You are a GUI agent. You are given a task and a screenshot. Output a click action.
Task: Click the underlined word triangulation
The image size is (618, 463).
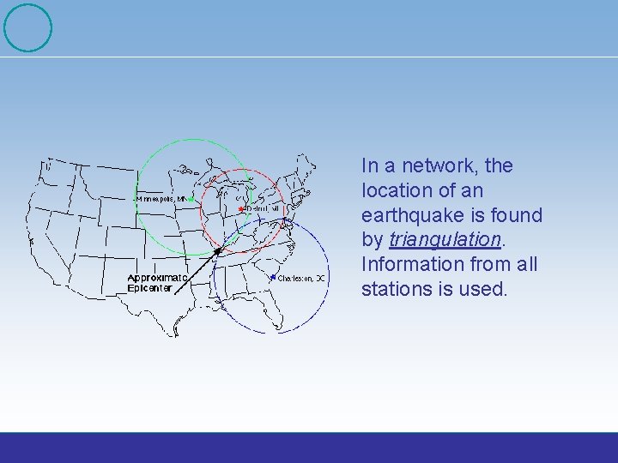tap(445, 239)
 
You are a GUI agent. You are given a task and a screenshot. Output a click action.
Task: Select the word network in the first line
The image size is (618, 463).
tap(440, 165)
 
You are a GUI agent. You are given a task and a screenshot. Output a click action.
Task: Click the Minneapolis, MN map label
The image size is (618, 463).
tap(161, 198)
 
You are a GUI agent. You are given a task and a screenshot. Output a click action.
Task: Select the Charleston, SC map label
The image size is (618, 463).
tap(301, 278)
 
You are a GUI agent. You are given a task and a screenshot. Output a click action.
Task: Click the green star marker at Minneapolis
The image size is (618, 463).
tap(191, 199)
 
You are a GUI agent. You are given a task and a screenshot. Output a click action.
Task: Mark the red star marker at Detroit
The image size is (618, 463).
tap(240, 209)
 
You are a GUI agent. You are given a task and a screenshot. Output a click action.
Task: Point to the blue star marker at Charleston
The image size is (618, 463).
tap(273, 277)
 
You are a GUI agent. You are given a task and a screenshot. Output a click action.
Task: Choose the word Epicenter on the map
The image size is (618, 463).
tap(149, 289)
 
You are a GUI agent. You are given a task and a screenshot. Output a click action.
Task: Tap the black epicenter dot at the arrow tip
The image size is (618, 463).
tap(218, 250)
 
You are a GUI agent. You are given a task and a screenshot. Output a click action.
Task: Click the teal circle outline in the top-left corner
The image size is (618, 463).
tap(27, 27)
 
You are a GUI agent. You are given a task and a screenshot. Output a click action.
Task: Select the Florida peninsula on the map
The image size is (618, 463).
tap(283, 317)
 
